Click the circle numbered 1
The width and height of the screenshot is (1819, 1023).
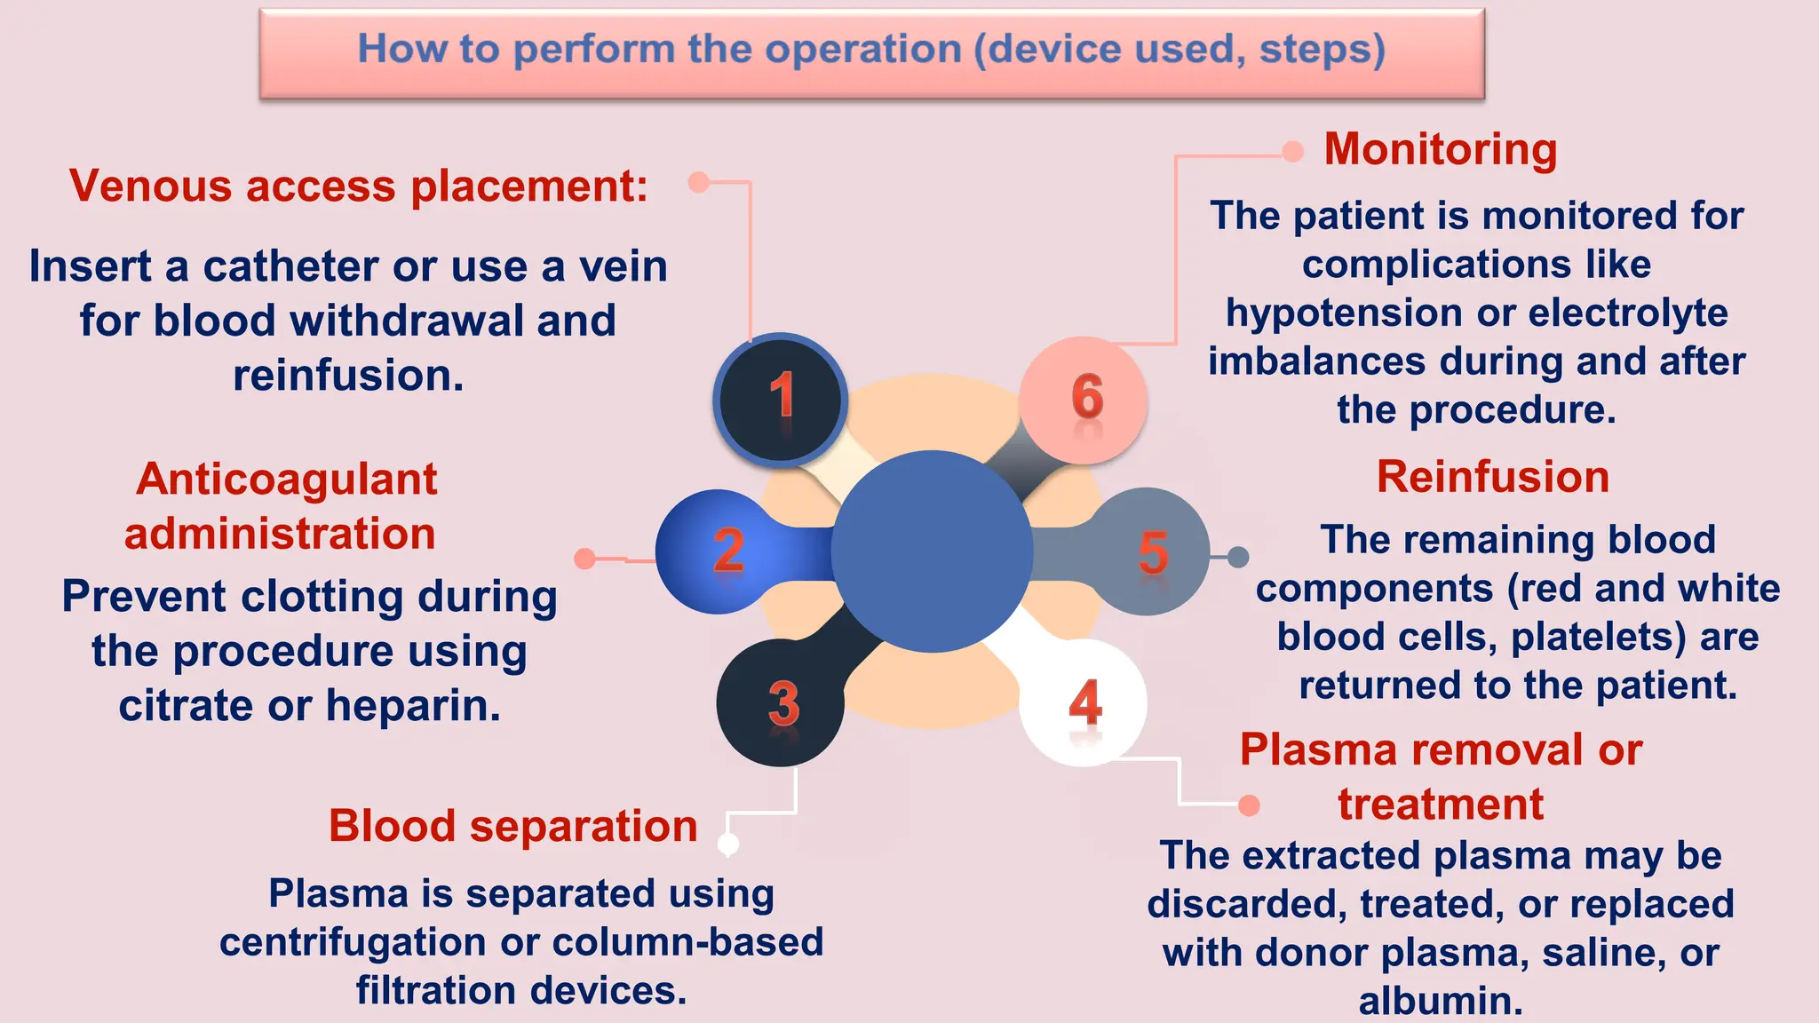coord(780,399)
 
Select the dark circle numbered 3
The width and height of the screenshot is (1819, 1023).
coord(781,702)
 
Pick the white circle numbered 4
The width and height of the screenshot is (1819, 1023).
coord(1084,702)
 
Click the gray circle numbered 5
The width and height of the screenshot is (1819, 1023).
coord(1148,551)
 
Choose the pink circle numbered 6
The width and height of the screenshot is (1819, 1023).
coord(1084,399)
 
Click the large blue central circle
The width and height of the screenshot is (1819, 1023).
coord(932,551)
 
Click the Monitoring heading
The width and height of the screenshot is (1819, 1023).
coord(1440,149)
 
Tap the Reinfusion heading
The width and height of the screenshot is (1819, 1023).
coord(1492,477)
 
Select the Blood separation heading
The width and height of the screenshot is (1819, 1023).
coord(512,826)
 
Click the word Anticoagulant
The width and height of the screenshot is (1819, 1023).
coord(286,480)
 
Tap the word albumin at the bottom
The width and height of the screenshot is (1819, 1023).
coord(1440,1001)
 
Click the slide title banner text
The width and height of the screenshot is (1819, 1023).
coord(870,49)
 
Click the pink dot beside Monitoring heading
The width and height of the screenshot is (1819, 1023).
coord(1292,152)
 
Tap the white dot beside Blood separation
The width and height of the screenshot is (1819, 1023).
coord(728,844)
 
